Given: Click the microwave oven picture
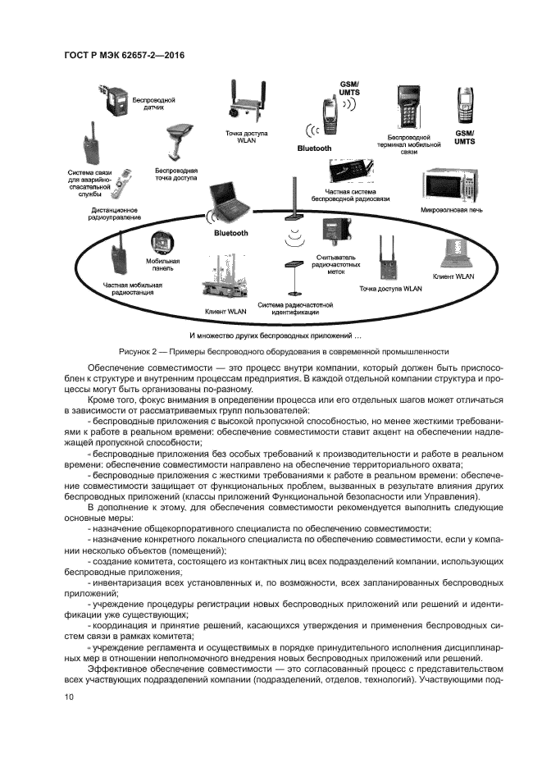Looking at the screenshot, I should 448,189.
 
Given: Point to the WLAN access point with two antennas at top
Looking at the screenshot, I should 246,103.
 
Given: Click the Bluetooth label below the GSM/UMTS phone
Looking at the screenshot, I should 315,148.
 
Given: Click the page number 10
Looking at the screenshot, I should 69,697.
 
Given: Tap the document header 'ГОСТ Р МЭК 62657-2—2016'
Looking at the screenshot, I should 123,55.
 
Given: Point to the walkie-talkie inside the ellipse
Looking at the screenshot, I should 118,255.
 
